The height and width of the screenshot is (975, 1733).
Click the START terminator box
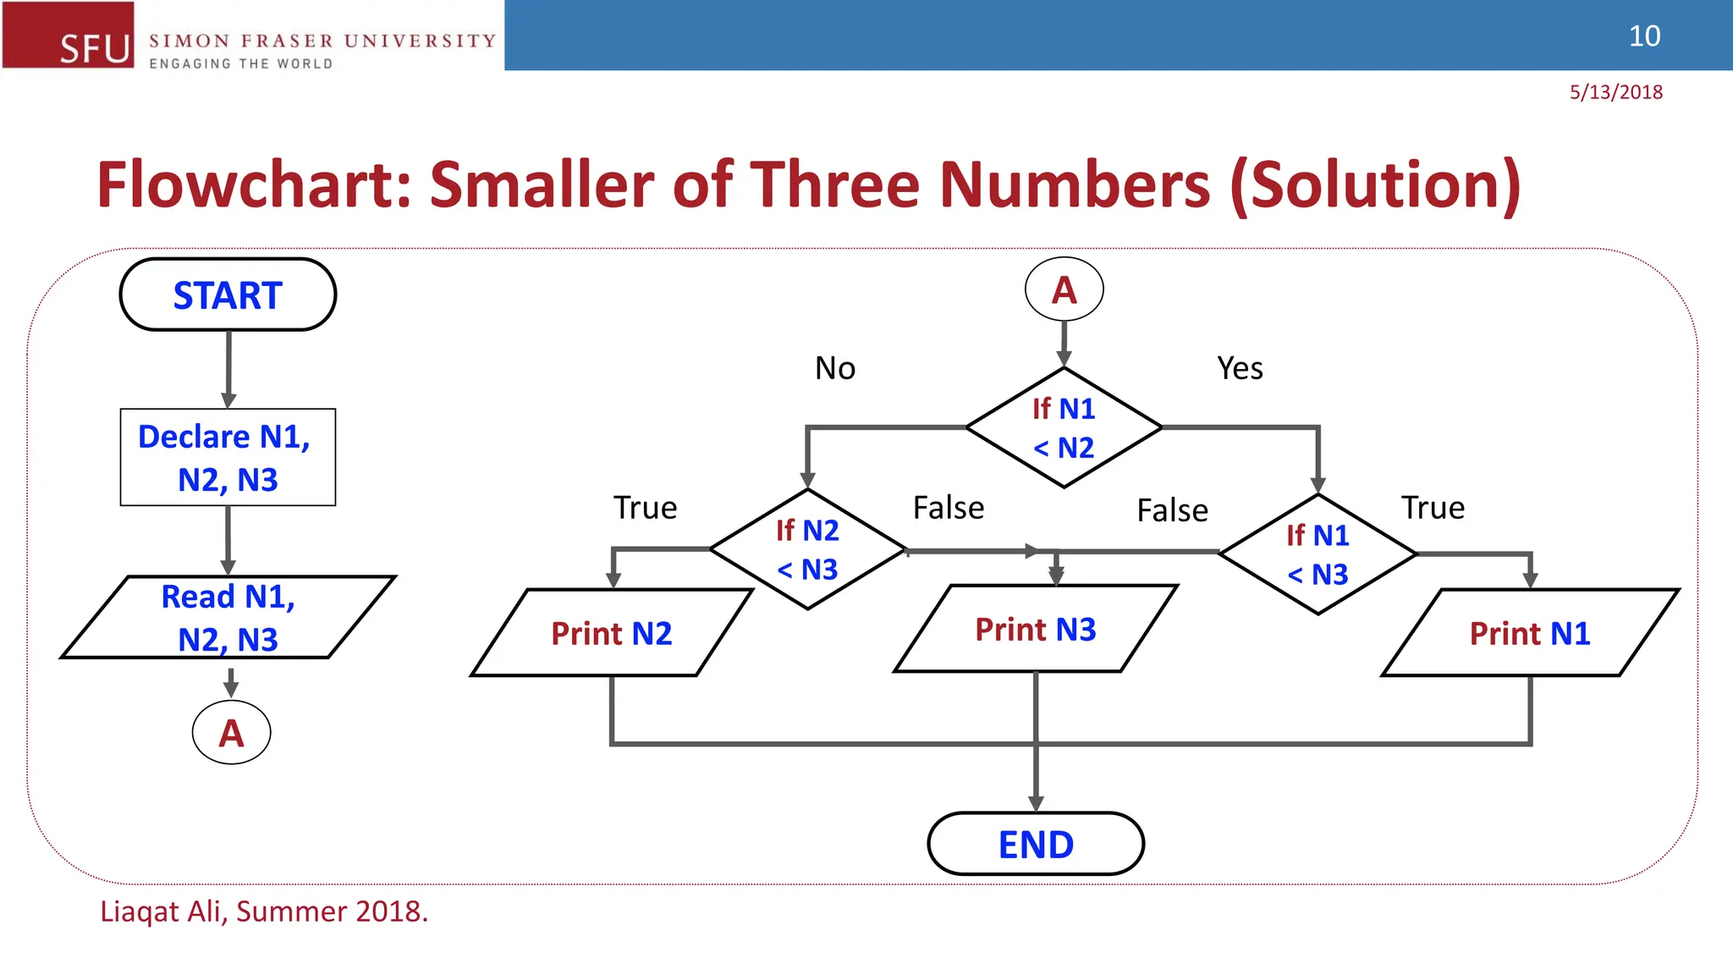click(228, 295)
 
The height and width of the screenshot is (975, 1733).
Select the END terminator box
click(1036, 844)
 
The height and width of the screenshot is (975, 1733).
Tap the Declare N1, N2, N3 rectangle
click(228, 457)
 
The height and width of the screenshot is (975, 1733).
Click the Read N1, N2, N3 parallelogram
click(228, 617)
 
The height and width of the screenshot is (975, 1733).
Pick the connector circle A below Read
click(231, 733)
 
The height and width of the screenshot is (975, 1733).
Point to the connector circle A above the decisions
click(1064, 290)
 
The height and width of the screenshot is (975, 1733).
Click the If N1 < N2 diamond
click(1064, 427)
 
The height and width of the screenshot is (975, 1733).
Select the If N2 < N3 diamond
click(808, 549)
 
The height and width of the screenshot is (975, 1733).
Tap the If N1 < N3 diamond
click(1318, 554)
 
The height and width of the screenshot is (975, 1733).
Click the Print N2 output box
click(611, 633)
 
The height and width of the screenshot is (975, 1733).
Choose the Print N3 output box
click(1036, 629)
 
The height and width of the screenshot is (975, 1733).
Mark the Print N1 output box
click(1530, 633)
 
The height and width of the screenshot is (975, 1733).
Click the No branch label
click(835, 368)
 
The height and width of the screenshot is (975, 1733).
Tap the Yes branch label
click(1240, 368)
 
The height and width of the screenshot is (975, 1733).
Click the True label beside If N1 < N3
click(1433, 508)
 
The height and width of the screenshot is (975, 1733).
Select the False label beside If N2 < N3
click(949, 508)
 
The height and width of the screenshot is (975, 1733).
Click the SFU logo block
click(69, 35)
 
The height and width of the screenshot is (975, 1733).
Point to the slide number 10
click(1644, 36)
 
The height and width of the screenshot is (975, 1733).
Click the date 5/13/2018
click(1615, 92)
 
